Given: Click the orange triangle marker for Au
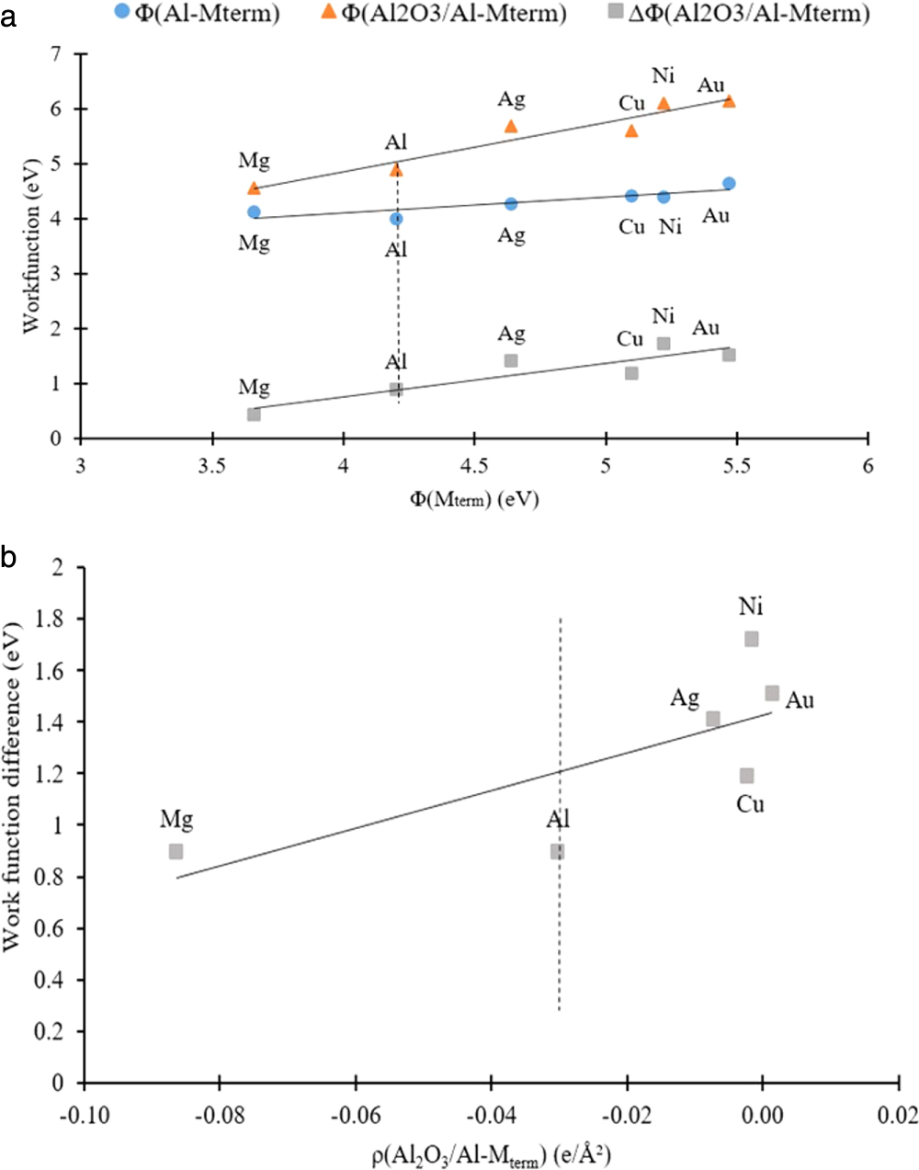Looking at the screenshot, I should click(729, 101).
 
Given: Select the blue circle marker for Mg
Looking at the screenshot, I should click(254, 212).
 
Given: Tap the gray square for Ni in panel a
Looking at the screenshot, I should click(664, 344).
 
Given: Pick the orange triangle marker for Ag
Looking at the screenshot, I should click(511, 126).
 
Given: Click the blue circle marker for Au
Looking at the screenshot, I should click(729, 184).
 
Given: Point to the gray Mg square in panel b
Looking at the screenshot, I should click(176, 852).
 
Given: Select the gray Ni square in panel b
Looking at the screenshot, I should click(752, 639).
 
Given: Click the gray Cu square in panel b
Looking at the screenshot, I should click(747, 776).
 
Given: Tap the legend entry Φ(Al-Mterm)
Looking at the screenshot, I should click(197, 13).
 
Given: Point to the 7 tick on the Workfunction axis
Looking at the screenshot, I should click(56, 54).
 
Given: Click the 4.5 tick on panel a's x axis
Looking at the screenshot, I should click(474, 466).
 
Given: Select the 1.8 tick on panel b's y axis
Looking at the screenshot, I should click(51, 620).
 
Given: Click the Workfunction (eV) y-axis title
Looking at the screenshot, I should click(31, 247).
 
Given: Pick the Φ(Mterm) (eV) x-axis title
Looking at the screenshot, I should click(474, 499).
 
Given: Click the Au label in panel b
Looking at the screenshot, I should click(799, 701).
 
